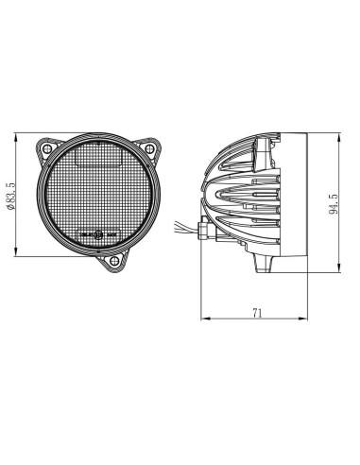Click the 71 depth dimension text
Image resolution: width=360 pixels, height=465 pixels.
(258, 313)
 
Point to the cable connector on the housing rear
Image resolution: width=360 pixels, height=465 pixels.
(199, 229)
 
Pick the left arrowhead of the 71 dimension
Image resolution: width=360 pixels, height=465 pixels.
(205, 319)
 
